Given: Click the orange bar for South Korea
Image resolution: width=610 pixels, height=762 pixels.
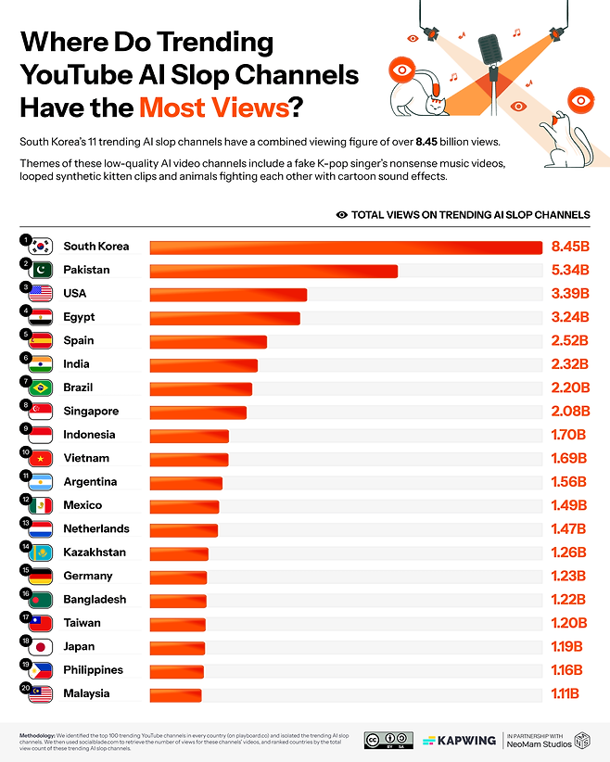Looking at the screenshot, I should [x=345, y=247].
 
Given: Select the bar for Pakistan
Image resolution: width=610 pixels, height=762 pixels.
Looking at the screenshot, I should [x=273, y=271].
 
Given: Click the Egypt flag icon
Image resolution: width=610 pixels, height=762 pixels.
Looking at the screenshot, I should [x=41, y=318].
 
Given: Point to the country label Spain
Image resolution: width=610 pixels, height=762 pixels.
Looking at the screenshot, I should [x=78, y=340].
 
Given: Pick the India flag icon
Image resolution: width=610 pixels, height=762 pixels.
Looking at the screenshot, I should [x=41, y=364].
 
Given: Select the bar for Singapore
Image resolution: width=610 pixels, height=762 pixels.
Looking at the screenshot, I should [x=197, y=412].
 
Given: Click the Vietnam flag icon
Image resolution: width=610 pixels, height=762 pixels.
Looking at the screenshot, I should [x=41, y=459].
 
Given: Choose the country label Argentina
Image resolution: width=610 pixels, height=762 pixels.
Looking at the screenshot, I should [x=90, y=482].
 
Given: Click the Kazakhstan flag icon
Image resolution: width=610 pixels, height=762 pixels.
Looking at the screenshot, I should [x=41, y=553].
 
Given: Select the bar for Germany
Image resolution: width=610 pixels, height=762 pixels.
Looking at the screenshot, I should [x=178, y=577].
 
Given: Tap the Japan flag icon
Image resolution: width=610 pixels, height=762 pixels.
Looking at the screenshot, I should [x=41, y=647].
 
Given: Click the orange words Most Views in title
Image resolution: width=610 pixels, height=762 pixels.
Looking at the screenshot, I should [x=213, y=108].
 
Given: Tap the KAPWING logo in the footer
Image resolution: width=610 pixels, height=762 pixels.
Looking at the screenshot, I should [x=456, y=741].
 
